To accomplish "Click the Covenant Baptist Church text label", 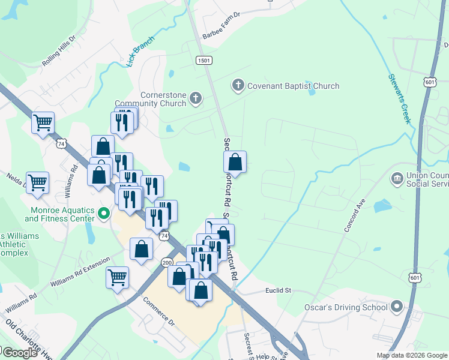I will coord(294,86).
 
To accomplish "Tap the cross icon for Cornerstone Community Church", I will coord(195,98).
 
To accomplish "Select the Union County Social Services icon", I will coord(397,178).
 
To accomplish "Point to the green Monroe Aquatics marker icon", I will coord(104,213).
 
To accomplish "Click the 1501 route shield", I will coord(203,60).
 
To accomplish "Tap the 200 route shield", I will coord(167,262).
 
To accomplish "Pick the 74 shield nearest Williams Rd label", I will coord(61,143).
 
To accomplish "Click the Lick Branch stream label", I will coord(141,51).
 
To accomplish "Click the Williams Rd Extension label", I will coord(80,274).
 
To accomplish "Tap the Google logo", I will coord(20,353).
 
